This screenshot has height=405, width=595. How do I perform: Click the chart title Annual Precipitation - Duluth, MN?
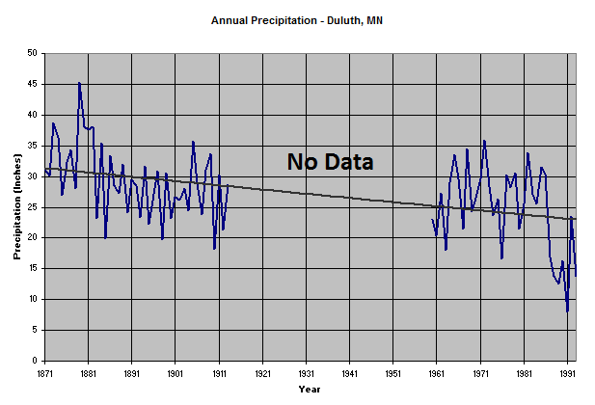tap(297, 19)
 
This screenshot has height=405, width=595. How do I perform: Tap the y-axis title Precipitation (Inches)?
tap(17, 206)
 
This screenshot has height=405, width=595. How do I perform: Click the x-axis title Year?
tap(310, 390)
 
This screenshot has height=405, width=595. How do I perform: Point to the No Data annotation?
tap(330, 162)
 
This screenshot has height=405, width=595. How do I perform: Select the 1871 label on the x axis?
tap(44, 371)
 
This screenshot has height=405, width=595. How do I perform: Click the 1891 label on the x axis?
tap(131, 371)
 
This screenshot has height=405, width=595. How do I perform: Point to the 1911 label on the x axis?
tap(219, 371)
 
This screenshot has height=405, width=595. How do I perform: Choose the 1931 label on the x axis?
tap(306, 371)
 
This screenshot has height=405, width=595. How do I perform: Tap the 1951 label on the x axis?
tap(392, 371)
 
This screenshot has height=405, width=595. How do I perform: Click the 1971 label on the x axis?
tap(480, 371)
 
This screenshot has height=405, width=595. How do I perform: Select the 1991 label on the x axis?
tap(567, 371)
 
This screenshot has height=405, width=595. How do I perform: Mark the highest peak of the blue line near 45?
tap(79, 84)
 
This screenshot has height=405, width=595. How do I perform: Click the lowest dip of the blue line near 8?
tap(567, 310)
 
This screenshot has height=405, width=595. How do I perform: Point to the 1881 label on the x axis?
tap(88, 371)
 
